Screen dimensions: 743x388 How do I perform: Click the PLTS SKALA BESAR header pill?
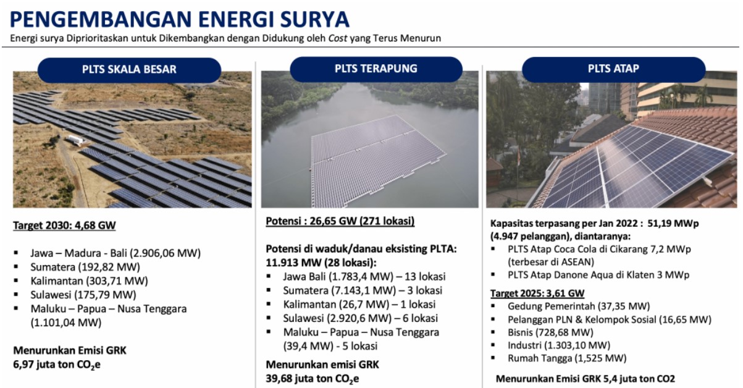tap(129, 70)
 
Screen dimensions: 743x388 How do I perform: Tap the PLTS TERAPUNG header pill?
tap(376, 69)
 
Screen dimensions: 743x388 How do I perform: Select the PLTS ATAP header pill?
tap(614, 69)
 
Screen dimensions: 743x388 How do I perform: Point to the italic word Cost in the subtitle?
tap(338, 38)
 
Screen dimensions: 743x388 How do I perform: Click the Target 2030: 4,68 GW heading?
tap(64, 226)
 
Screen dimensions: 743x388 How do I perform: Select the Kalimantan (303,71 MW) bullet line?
tap(89, 281)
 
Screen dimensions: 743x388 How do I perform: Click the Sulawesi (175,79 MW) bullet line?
tap(83, 295)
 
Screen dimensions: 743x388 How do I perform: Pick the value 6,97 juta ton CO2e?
tap(57, 365)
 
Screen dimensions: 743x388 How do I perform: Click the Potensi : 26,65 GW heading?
tap(340, 221)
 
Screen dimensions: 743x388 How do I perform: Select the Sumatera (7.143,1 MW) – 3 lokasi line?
tap(363, 290)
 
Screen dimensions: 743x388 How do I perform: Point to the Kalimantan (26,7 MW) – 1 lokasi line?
tap(359, 305)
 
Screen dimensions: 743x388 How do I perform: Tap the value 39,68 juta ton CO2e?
tap(312, 379)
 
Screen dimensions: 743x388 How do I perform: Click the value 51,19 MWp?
tap(673, 224)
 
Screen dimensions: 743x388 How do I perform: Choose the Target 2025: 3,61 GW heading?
tap(537, 293)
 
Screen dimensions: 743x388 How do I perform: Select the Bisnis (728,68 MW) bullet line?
tap(550, 332)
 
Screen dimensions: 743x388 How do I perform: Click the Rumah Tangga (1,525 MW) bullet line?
tap(567, 358)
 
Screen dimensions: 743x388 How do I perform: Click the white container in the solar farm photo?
tap(75, 140)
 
